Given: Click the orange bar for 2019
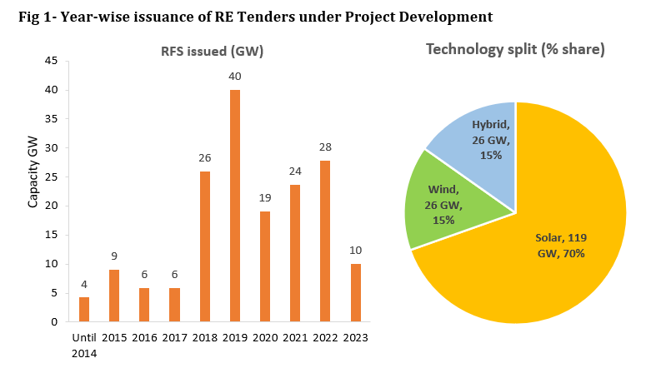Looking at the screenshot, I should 235,206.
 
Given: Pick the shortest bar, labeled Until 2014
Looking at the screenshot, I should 84,309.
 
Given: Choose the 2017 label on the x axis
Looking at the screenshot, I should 174,337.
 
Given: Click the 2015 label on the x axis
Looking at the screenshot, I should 114,337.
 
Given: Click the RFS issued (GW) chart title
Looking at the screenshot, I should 212,52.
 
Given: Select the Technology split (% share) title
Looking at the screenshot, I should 515,49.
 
